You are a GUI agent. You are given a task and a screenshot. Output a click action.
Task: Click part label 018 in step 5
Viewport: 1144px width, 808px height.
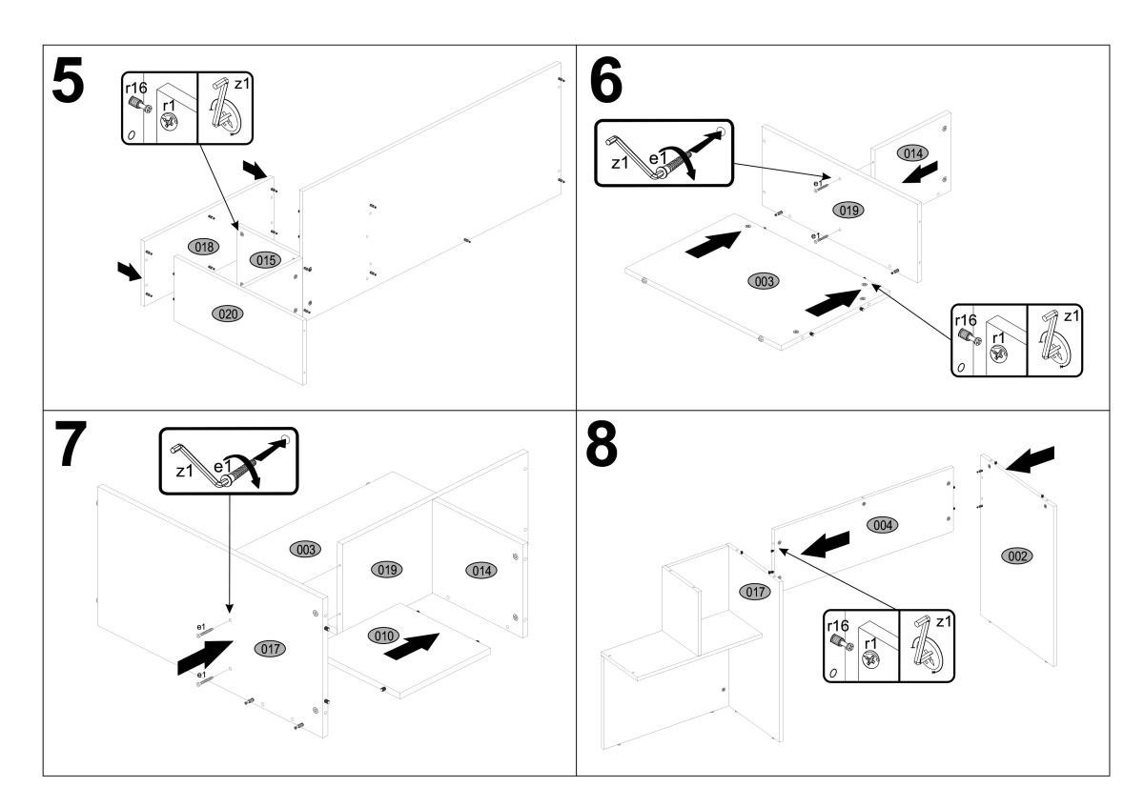tap(202, 246)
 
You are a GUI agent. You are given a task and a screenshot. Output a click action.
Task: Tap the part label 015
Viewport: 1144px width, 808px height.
tap(264, 259)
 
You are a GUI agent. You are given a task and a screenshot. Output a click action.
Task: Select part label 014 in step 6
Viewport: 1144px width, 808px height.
tap(911, 152)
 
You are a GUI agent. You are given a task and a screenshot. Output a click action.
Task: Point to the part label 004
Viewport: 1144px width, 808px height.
tap(881, 525)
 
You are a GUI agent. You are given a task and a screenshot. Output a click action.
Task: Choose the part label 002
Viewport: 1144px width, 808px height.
tap(1017, 555)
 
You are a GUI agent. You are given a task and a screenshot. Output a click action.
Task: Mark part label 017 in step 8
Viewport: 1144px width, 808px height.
tap(755, 592)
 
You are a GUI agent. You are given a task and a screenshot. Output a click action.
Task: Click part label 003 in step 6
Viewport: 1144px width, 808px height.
tap(765, 281)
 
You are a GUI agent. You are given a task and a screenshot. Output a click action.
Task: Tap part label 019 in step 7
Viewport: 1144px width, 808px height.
tap(386, 569)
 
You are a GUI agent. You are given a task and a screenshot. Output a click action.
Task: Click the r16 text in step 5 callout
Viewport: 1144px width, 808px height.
tap(136, 87)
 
